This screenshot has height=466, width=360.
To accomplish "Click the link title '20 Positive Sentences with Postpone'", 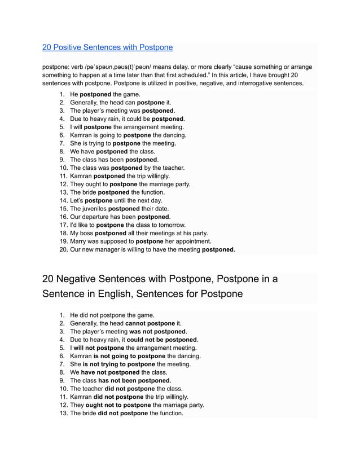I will coord(107,47).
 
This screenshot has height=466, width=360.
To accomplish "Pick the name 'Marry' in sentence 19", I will coord(79,241).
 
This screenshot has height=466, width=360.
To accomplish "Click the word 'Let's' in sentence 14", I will coord(77,200).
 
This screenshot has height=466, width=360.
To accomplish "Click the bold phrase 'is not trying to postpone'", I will coord(119,364).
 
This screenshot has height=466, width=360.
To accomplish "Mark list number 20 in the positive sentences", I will coord(63,249).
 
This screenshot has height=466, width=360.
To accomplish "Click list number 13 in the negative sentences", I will coord(63,413).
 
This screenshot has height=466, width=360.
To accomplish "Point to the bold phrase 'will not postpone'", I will coord(99,348).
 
